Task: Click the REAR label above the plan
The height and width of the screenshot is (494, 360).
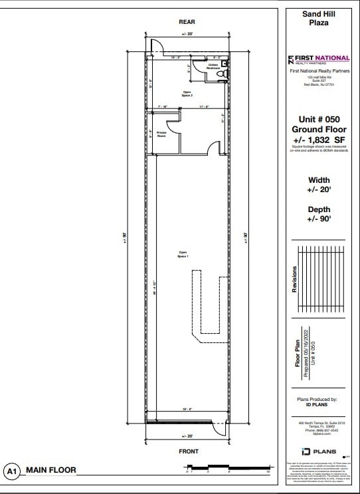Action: coord(187,22)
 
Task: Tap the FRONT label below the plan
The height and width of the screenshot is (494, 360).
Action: coord(186,451)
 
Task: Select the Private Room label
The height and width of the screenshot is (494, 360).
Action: coord(161,134)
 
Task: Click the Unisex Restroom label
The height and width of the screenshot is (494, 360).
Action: coord(213,66)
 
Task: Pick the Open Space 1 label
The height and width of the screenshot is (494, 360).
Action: coord(183,254)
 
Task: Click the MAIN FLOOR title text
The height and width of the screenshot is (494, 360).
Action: coord(50,471)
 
